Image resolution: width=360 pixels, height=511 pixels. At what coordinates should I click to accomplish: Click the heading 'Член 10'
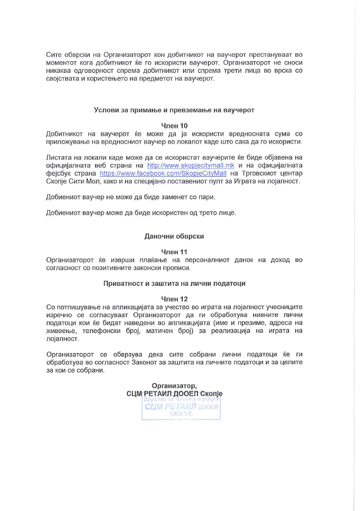[174, 126]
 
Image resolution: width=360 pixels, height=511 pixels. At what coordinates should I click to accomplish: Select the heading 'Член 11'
[174, 251]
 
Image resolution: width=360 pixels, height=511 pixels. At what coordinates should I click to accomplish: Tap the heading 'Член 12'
[174, 299]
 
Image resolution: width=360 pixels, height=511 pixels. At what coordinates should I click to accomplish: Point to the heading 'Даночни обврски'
[174, 236]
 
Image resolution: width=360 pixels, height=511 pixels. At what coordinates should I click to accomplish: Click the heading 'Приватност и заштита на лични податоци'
[174, 283]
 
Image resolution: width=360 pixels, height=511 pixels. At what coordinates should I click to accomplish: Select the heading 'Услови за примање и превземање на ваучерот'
[174, 110]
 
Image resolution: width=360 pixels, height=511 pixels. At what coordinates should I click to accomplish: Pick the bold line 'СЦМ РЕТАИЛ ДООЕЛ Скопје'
[174, 393]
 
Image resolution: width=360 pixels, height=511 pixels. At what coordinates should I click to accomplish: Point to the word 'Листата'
[60, 157]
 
